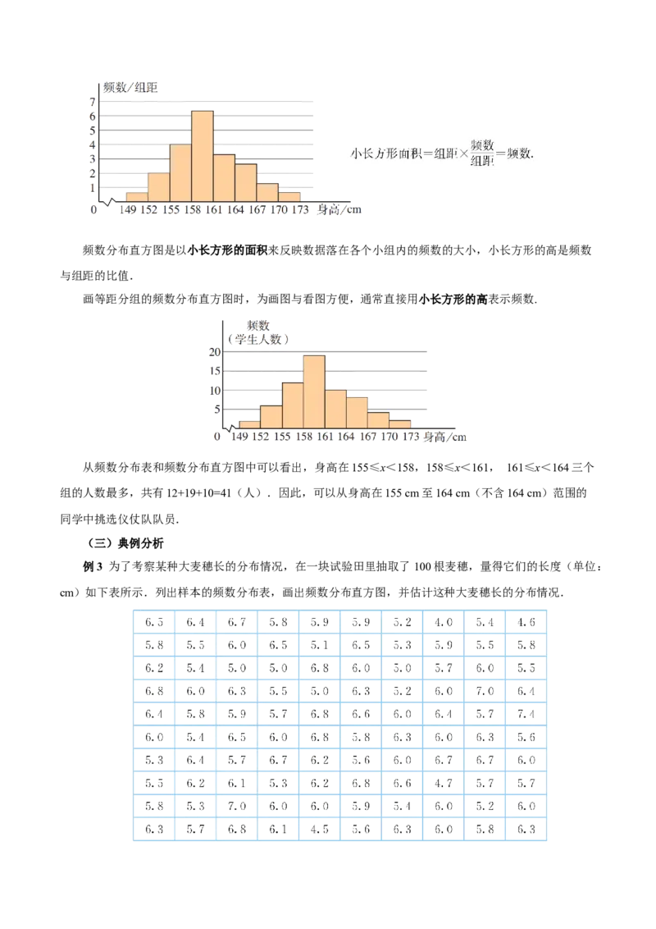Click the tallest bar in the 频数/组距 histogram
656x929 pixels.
point(203,156)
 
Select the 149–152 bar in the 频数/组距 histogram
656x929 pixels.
point(137,197)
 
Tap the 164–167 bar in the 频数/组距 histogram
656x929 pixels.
point(245,182)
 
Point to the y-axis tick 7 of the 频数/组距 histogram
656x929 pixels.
point(93,100)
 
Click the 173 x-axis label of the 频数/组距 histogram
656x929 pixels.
point(301,210)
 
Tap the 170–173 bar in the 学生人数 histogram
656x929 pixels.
point(401,423)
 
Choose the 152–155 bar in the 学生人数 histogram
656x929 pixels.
point(271,416)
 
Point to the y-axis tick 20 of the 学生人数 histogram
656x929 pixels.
point(216,351)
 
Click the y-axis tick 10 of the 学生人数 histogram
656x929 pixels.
point(216,390)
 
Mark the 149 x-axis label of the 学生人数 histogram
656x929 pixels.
point(240,437)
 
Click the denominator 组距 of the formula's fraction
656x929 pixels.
point(482,161)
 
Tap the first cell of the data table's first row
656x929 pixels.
point(153,622)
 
